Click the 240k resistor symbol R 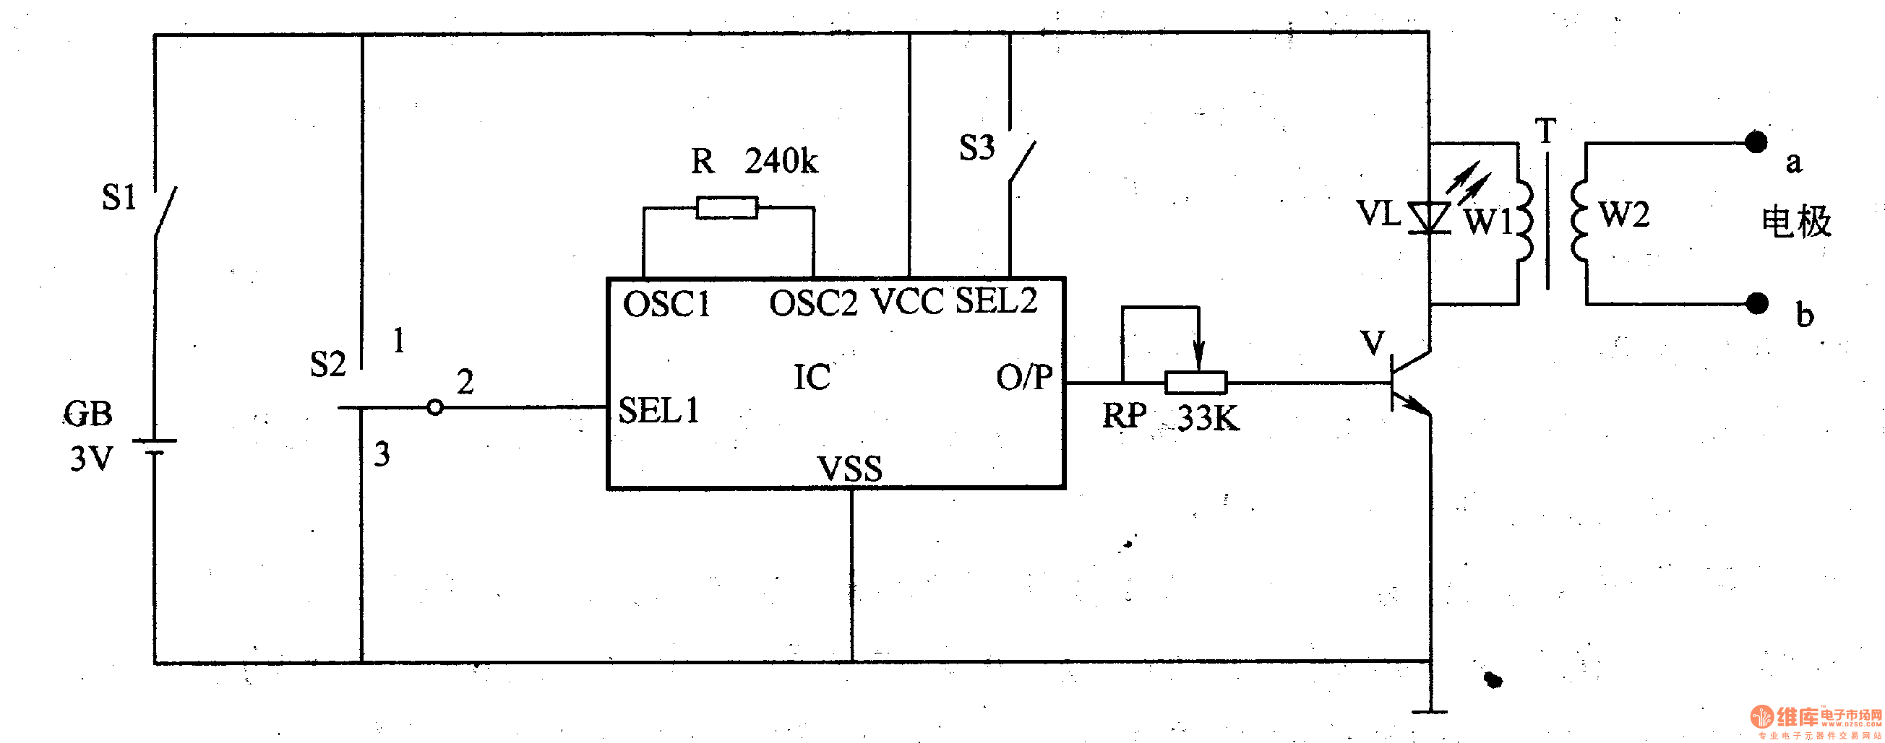pyautogui.click(x=726, y=208)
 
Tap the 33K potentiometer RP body pyautogui.click(x=1195, y=383)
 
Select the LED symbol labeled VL pyautogui.click(x=1430, y=217)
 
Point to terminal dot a pyautogui.click(x=1756, y=142)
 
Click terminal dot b pyautogui.click(x=1757, y=303)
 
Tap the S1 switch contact pyautogui.click(x=165, y=212)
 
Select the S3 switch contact pyautogui.click(x=1021, y=159)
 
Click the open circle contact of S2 pyautogui.click(x=434, y=407)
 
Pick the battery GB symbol pyautogui.click(x=155, y=446)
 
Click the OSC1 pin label pyautogui.click(x=666, y=304)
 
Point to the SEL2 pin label pyautogui.click(x=996, y=300)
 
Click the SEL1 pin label pyautogui.click(x=658, y=410)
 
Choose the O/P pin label pyautogui.click(x=1023, y=377)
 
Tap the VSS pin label pyautogui.click(x=849, y=469)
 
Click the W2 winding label pyautogui.click(x=1624, y=215)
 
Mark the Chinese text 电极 pyautogui.click(x=1795, y=221)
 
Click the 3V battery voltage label pyautogui.click(x=92, y=459)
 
